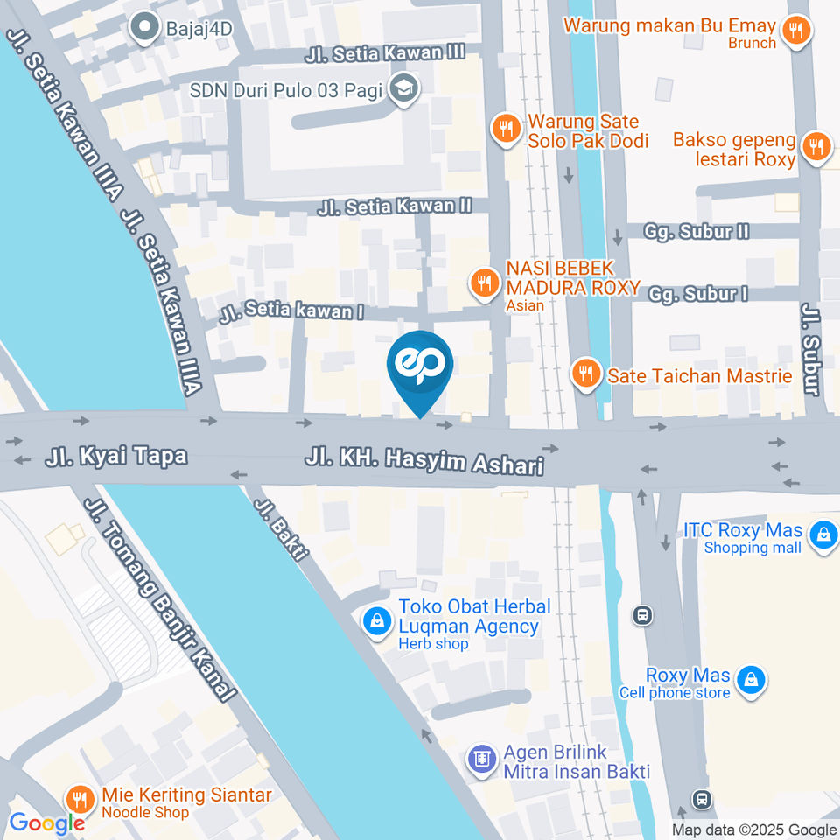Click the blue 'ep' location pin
pyautogui.click(x=420, y=367)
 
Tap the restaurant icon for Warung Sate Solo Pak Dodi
pyautogui.click(x=505, y=129)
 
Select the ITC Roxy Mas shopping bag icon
pyautogui.click(x=822, y=535)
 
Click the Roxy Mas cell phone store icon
pyautogui.click(x=751, y=678)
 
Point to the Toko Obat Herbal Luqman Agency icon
pyautogui.click(x=376, y=620)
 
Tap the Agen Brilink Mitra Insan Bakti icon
pyautogui.click(x=481, y=759)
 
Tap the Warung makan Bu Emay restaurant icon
pyautogui.click(x=795, y=31)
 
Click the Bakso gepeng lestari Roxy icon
pyautogui.click(x=816, y=146)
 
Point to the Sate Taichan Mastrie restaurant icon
pyautogui.click(x=584, y=374)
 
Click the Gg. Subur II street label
pyautogui.click(x=696, y=231)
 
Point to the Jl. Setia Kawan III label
pyautogui.click(x=385, y=52)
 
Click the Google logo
pyautogui.click(x=46, y=822)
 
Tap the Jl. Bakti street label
pyautogui.click(x=281, y=529)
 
